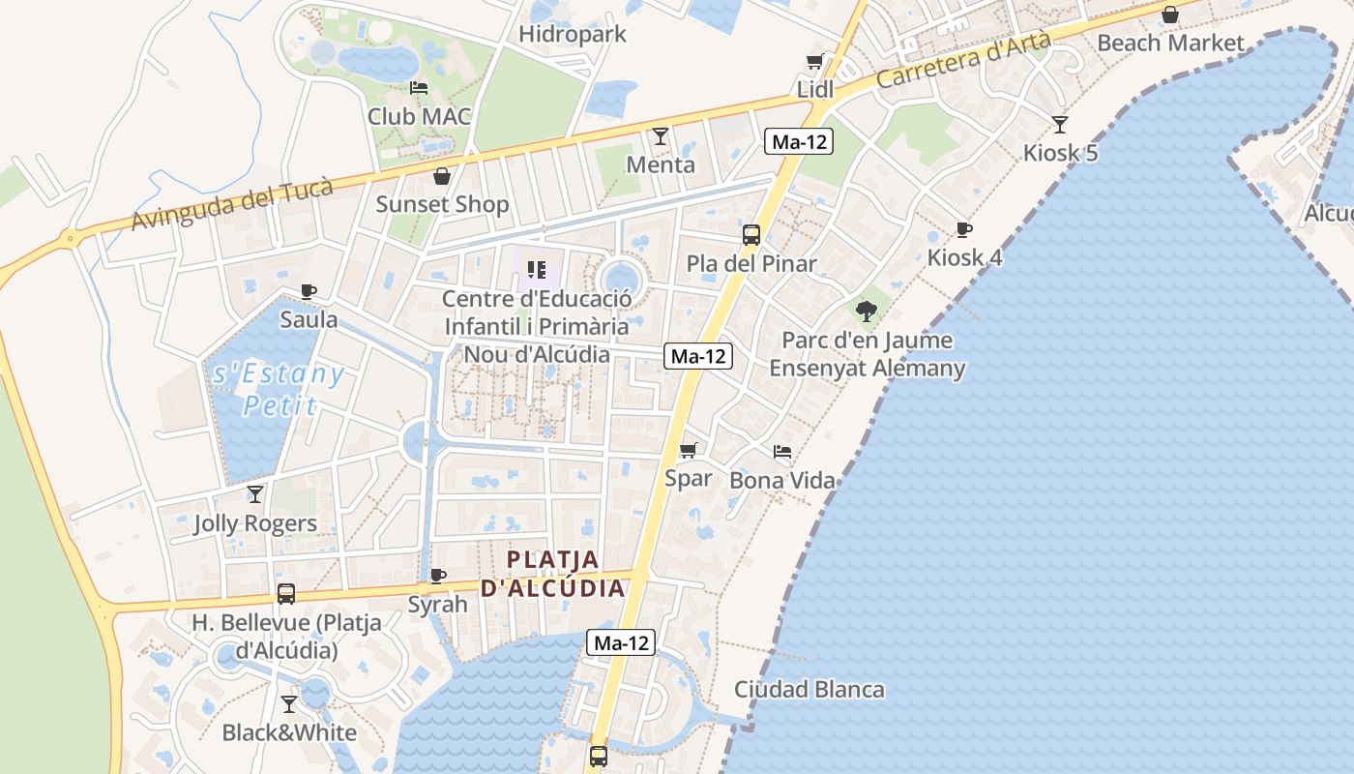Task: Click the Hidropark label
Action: click(x=573, y=35)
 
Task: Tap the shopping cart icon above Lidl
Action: click(x=814, y=62)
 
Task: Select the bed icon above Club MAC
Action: click(x=419, y=88)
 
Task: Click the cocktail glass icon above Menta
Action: click(x=661, y=136)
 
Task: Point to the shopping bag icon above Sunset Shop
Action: click(x=442, y=176)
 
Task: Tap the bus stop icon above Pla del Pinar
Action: click(x=751, y=235)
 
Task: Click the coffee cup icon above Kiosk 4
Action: click(x=964, y=230)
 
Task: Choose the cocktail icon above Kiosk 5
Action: click(x=1060, y=125)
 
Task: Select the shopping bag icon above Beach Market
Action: click(x=1170, y=15)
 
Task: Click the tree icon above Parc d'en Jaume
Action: click(x=867, y=312)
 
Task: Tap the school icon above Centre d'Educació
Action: click(x=537, y=270)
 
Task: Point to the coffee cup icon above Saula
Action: click(x=309, y=291)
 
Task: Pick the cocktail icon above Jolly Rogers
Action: click(x=255, y=494)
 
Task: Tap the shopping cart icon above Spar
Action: click(x=689, y=450)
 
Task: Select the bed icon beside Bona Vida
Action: click(x=782, y=452)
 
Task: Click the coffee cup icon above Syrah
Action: click(x=438, y=577)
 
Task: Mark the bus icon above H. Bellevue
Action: click(x=286, y=594)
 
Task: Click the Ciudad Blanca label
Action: click(x=809, y=690)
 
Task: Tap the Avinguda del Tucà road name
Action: click(x=232, y=205)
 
